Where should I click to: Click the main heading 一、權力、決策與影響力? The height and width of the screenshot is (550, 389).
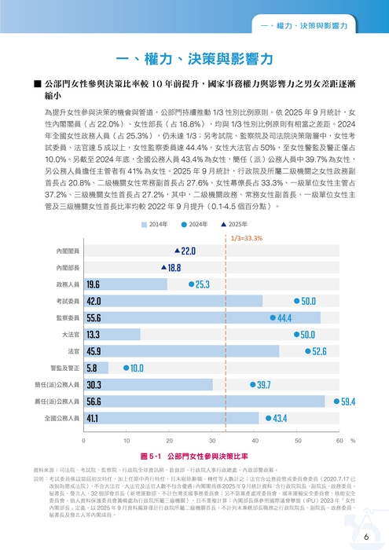point(193,60)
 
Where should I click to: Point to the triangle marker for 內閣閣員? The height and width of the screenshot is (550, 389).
point(178,251)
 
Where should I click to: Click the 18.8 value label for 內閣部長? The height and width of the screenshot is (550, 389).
point(174,267)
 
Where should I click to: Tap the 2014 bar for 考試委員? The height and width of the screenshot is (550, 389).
point(173,301)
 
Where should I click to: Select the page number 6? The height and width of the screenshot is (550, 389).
point(366,537)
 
